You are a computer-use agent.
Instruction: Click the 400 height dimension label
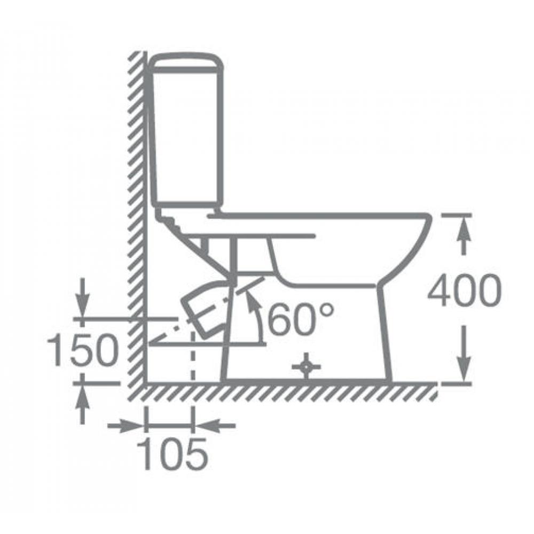465,290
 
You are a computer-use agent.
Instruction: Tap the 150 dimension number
82,350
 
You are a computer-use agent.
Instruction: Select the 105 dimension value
172,453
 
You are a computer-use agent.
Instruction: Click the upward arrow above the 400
463,235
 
